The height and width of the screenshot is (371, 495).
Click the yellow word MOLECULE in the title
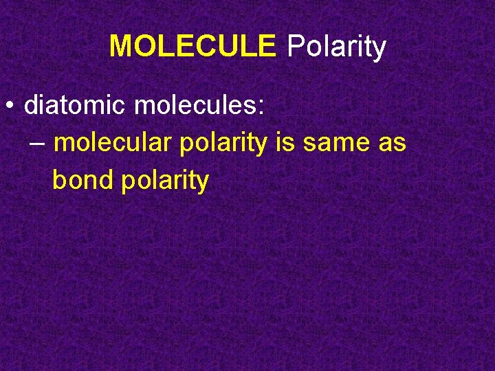[x=192, y=47]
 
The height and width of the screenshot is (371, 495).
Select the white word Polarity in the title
[x=336, y=47]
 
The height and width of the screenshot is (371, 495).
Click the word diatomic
[x=76, y=106]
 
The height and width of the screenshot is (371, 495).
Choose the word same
[x=335, y=144]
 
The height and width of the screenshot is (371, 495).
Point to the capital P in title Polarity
[x=295, y=47]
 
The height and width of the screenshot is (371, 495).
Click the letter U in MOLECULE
[x=223, y=47]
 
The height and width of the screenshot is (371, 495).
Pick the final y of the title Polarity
[x=379, y=49]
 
